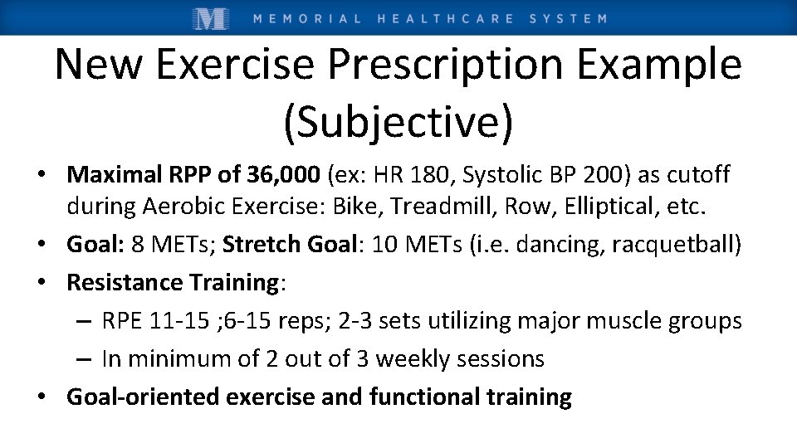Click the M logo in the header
pos(210,17)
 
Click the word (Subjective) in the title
pos(398,121)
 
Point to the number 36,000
pos(283,175)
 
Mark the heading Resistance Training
pos(173,283)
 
